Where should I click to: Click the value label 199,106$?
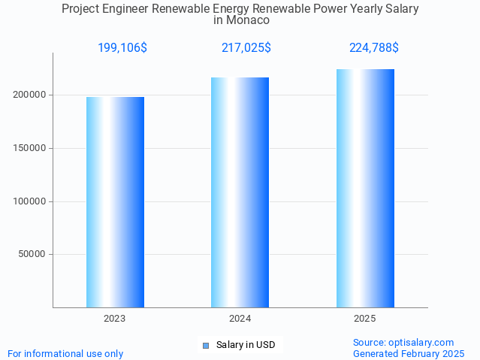[122, 48]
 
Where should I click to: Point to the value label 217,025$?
[246, 48]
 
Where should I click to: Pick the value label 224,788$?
[374, 48]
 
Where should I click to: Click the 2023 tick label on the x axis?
[115, 319]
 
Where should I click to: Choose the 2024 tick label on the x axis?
[240, 319]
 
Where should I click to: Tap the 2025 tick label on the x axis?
[365, 319]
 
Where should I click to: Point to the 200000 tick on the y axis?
[30, 95]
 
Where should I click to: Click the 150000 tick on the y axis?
[30, 148]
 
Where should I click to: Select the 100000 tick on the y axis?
[30, 201]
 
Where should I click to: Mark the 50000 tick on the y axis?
[32, 254]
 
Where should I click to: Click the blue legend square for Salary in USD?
[206, 346]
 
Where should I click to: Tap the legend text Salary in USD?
[246, 346]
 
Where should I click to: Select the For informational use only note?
[65, 354]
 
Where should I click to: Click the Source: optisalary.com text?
[403, 343]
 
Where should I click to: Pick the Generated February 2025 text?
[409, 354]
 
